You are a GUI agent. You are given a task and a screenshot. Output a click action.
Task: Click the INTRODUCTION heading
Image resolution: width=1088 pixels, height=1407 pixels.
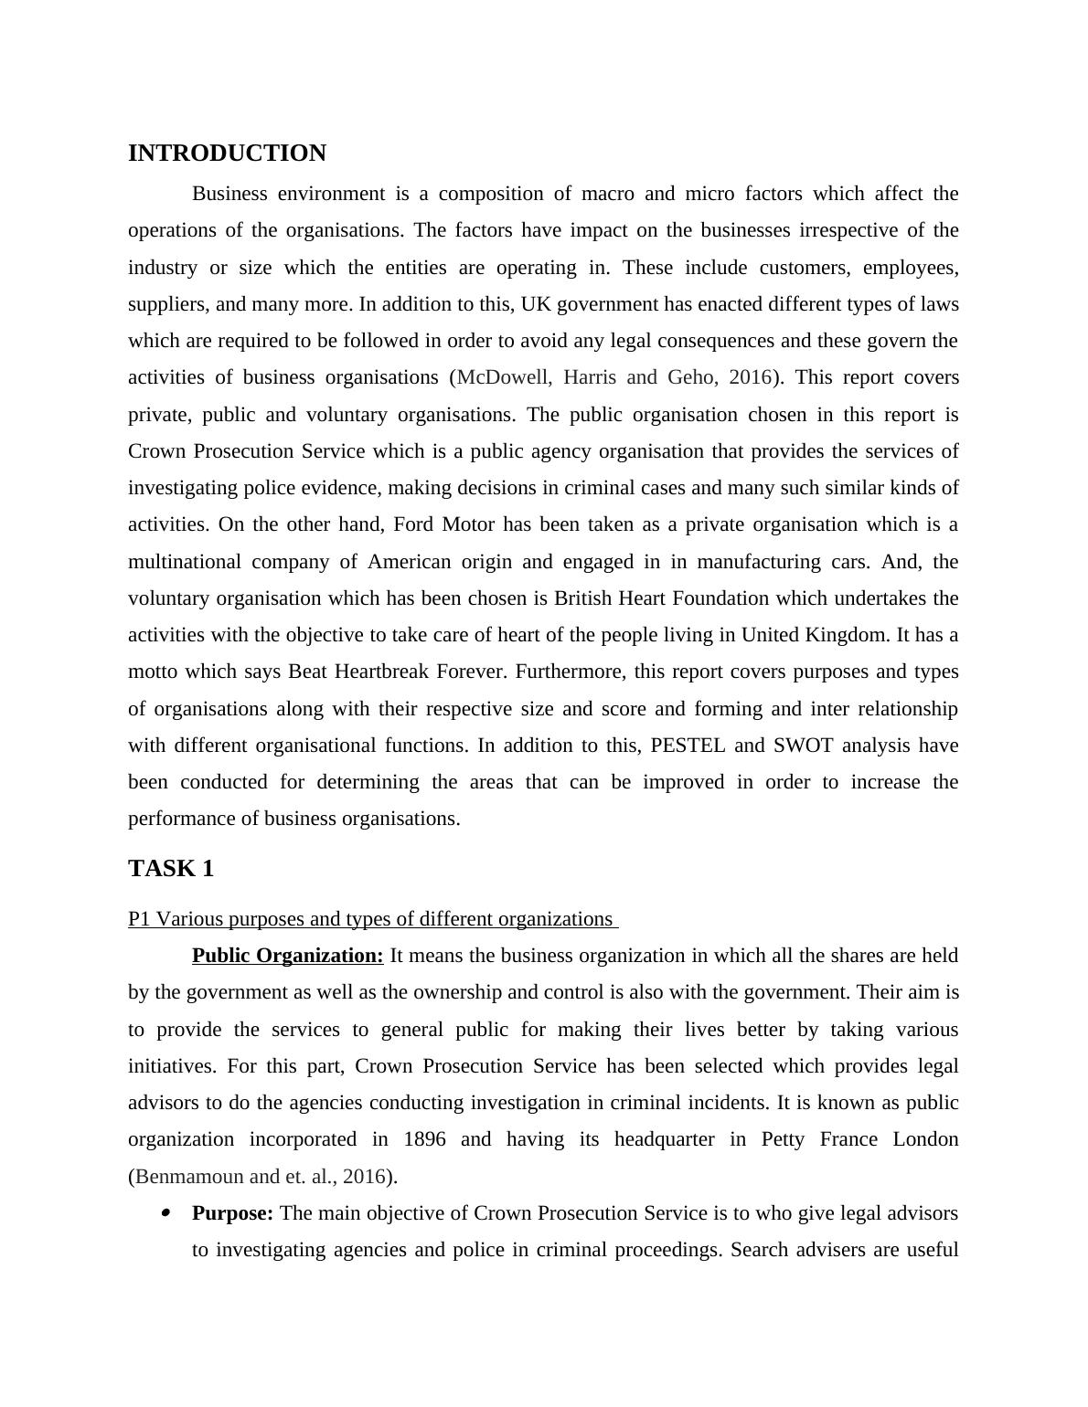227,153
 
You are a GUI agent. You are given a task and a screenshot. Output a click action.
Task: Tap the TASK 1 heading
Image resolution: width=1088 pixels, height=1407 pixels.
171,869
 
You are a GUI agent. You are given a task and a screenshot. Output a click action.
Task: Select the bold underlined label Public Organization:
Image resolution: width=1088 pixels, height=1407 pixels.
287,956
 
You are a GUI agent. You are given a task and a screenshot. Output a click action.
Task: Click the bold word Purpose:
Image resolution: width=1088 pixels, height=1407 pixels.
232,1213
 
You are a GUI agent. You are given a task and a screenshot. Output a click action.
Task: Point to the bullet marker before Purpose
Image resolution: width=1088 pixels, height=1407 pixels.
165,1213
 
